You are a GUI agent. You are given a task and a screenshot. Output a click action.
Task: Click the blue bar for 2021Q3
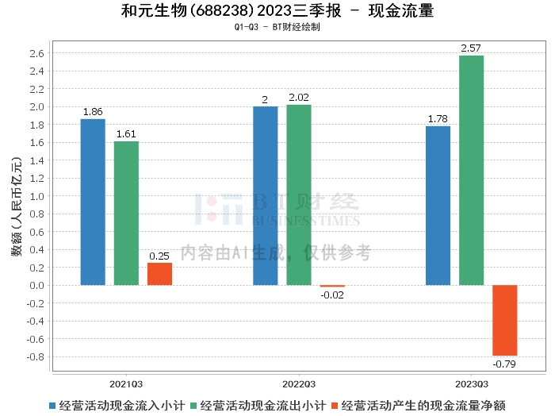(x=93, y=202)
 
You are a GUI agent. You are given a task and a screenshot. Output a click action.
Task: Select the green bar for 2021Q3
(x=126, y=213)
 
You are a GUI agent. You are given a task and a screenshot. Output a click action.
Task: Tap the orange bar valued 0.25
(x=159, y=274)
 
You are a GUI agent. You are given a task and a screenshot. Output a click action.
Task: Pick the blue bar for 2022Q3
(x=266, y=195)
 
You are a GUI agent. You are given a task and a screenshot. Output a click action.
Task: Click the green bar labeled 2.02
(x=299, y=195)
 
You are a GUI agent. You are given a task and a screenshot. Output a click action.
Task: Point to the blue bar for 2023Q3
(x=438, y=206)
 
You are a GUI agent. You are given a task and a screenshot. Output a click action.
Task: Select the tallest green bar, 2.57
(x=471, y=170)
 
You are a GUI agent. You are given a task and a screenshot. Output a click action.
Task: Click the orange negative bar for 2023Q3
(x=504, y=320)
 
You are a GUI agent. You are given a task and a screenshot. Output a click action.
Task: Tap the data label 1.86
(x=93, y=112)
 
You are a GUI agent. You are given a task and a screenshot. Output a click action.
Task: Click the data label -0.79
(x=503, y=364)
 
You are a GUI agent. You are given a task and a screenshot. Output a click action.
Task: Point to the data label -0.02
(x=332, y=295)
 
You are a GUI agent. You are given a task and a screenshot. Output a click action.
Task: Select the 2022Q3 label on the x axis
(x=298, y=383)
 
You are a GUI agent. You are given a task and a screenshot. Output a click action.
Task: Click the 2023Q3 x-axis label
(x=471, y=383)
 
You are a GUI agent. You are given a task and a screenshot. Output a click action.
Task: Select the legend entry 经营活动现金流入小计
(x=118, y=405)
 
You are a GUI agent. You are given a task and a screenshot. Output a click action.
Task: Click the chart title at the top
(x=277, y=11)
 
